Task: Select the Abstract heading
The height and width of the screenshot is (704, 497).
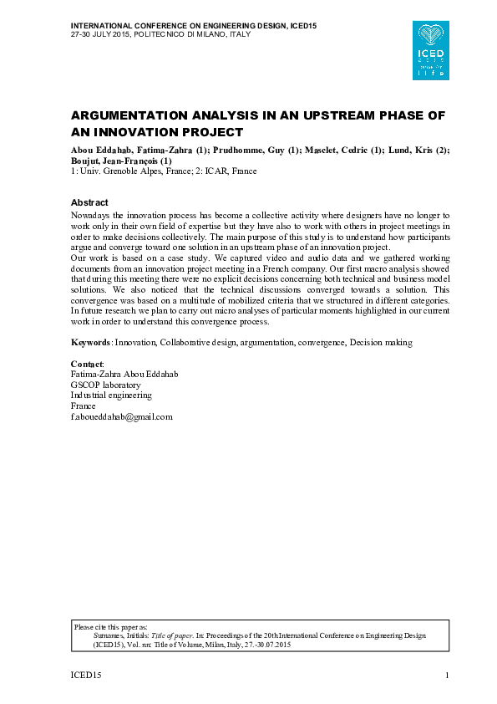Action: pyautogui.click(x=89, y=203)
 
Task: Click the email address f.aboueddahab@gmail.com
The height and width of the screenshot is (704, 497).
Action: pyautogui.click(x=121, y=416)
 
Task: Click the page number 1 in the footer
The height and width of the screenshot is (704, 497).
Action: pyautogui.click(x=448, y=675)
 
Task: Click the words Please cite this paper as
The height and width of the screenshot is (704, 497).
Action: pyautogui.click(x=110, y=626)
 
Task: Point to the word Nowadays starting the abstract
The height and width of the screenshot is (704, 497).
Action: pyautogui.click(x=91, y=216)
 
